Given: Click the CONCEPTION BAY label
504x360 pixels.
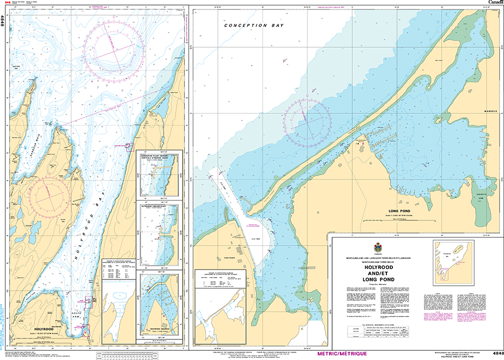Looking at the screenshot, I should coord(246,25).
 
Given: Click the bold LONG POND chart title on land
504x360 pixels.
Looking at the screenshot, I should coord(401,210).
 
